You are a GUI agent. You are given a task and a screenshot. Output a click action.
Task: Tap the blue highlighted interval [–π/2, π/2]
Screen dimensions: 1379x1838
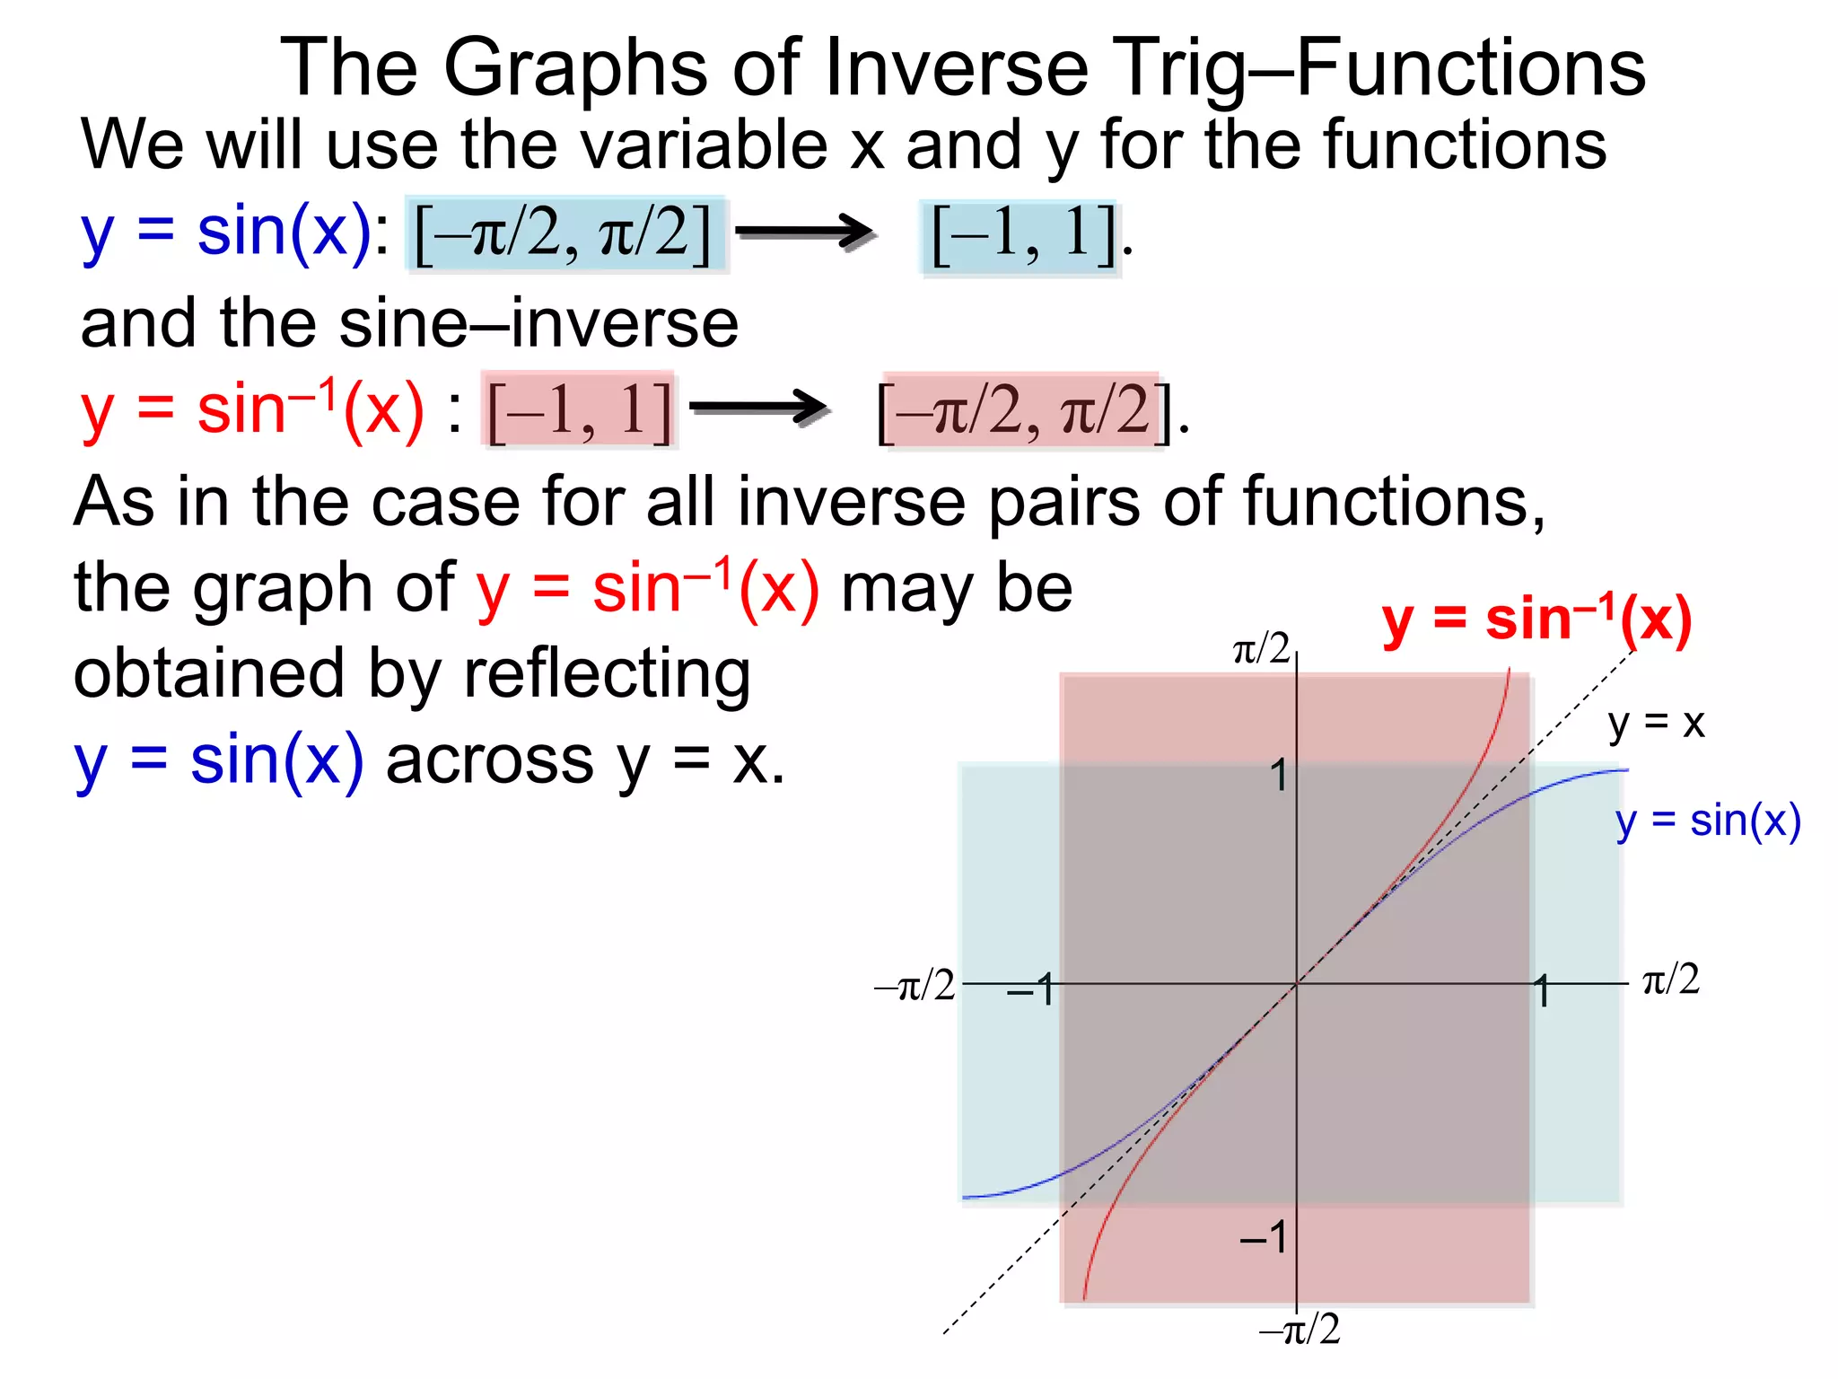pos(565,233)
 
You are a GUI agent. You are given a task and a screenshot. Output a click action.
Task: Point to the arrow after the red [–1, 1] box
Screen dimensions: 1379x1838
pos(758,408)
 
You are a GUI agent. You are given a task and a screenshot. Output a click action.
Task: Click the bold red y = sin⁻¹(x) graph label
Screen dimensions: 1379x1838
pos(1536,621)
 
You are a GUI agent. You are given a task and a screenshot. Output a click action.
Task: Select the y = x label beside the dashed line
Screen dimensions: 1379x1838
pos(1656,723)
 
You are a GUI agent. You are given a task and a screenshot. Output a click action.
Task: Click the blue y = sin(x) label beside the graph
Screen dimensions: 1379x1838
pos(1708,821)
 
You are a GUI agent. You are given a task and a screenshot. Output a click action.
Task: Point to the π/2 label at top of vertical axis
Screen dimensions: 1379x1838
pos(1261,648)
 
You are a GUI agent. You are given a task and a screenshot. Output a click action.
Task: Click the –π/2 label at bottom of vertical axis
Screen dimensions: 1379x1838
pos(1300,1330)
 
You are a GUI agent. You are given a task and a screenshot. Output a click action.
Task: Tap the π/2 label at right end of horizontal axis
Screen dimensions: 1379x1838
pos(1670,979)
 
